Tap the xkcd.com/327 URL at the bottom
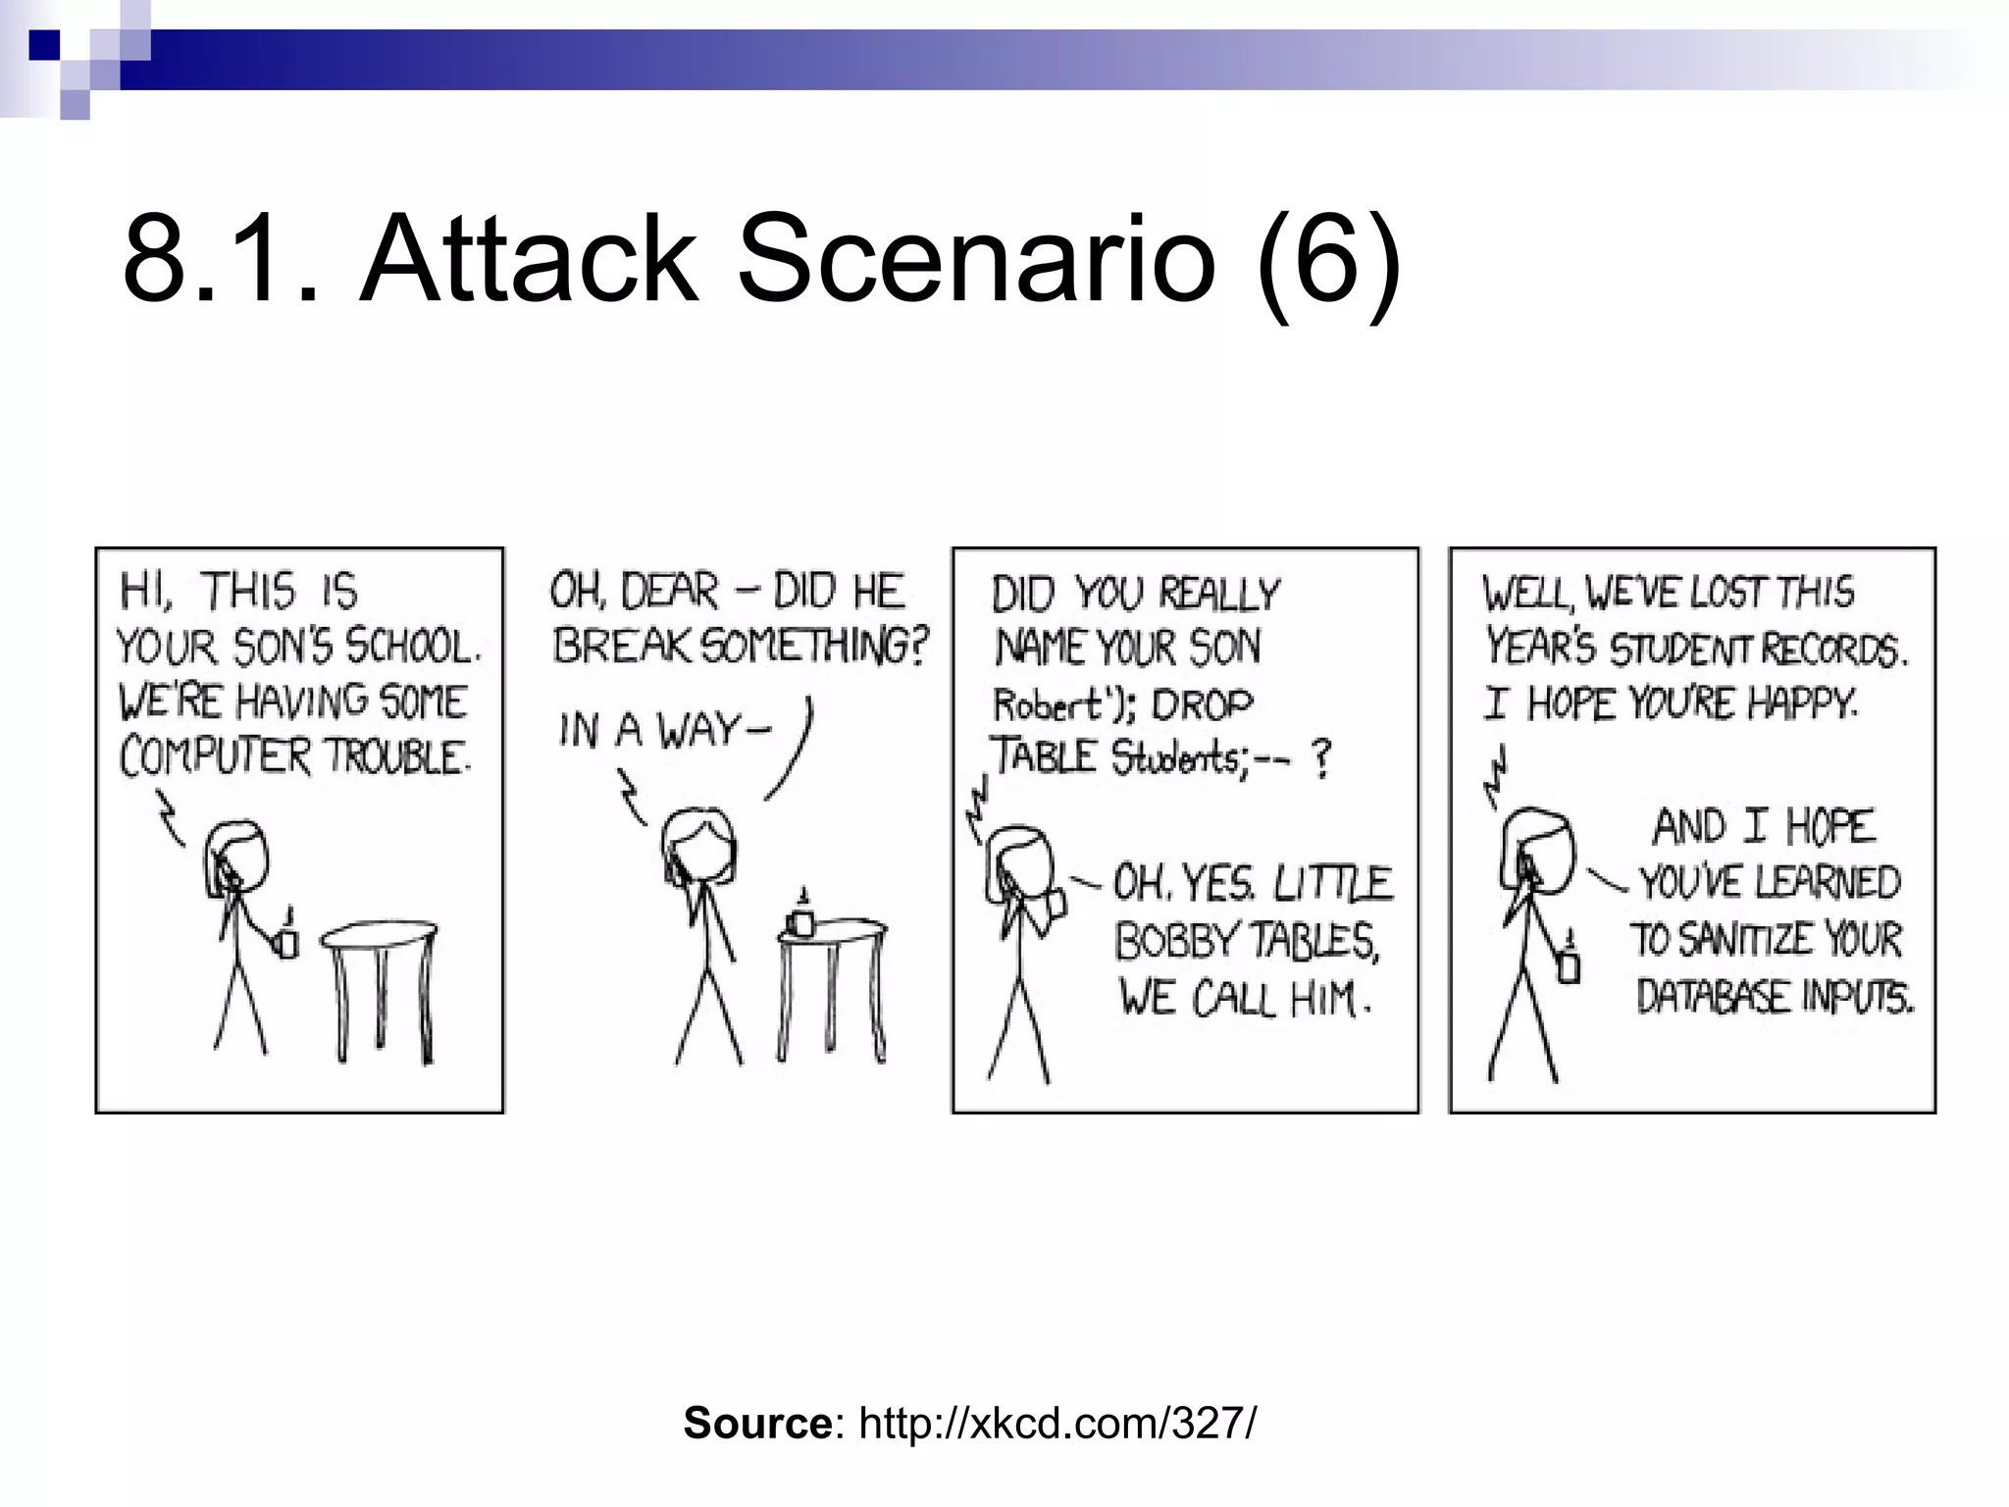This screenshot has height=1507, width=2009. click(1056, 1424)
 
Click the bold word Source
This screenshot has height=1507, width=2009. click(756, 1424)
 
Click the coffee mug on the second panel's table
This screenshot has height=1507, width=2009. click(801, 920)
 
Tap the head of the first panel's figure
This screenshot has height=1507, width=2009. click(236, 859)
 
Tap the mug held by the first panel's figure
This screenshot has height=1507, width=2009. click(287, 941)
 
